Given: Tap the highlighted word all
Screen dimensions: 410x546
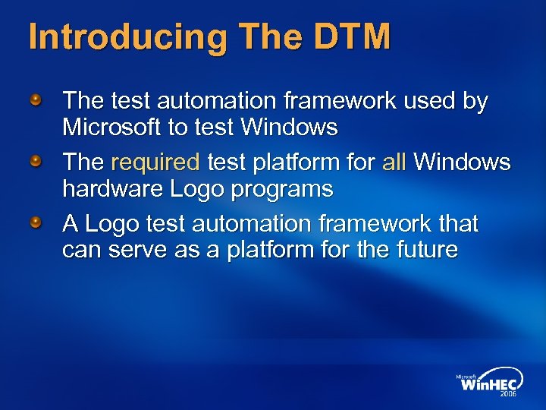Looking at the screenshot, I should pos(394,162).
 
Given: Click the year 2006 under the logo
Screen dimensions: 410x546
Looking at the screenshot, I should pos(509,395).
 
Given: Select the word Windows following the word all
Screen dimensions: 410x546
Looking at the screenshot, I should pos(463,162).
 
